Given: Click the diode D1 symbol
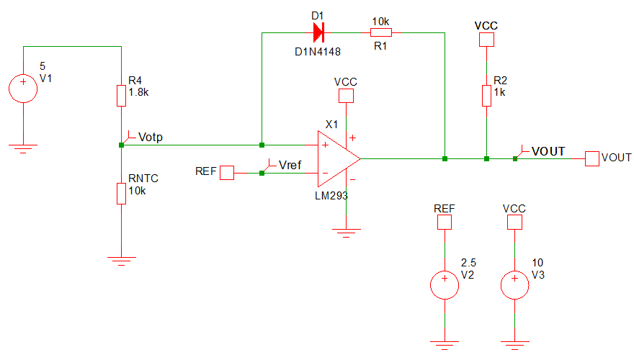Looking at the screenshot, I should (318, 32).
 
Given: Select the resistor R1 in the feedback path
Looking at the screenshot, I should (380, 32).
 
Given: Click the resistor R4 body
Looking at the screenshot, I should (121, 95).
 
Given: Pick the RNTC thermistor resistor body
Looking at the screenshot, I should (121, 193).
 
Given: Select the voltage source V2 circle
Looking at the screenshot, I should (445, 284).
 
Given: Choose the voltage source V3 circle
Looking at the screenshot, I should (514, 284).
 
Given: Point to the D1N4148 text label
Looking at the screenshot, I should (318, 52).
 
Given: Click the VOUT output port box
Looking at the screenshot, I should (592, 158).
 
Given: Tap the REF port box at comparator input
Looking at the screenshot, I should (227, 172).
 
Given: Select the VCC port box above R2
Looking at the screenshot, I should (486, 40).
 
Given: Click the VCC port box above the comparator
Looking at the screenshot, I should (347, 96).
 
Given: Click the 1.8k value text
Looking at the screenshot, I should (138, 93).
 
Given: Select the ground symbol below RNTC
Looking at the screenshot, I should (121, 260).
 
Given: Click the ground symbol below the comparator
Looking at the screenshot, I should (347, 233).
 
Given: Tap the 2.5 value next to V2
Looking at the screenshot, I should (468, 263).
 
